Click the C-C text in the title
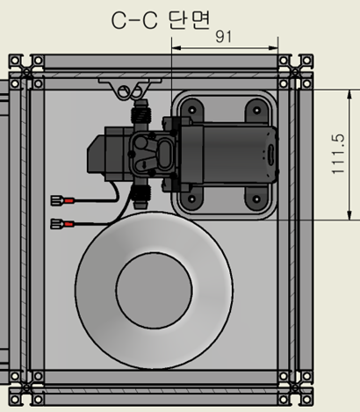(136, 18)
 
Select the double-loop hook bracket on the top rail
(127, 90)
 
